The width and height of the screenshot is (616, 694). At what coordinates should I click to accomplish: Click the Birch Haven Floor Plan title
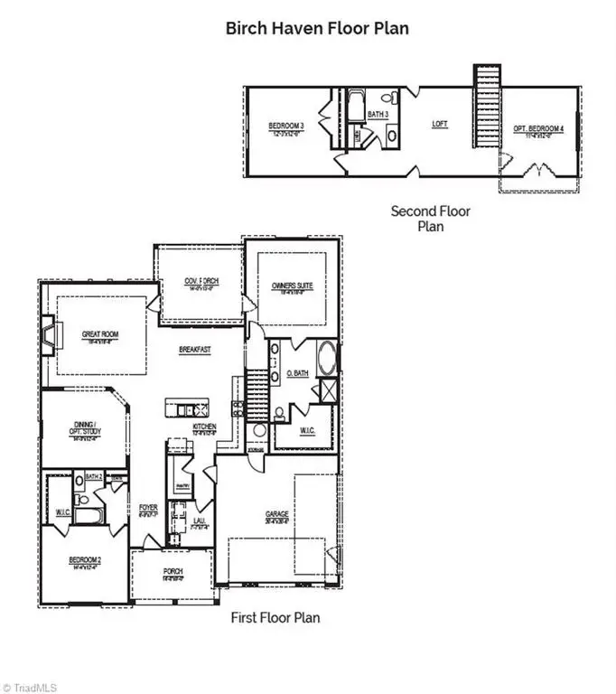coord(316,28)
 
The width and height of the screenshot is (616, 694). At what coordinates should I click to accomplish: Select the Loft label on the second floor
coord(440,124)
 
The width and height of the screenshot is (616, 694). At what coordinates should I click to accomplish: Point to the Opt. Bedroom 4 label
coord(539,129)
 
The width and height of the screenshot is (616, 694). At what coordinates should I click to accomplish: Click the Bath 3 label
coord(378,114)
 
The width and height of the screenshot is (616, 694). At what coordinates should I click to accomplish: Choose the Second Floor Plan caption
coord(430,219)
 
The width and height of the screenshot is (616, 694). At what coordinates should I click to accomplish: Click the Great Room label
coord(100,334)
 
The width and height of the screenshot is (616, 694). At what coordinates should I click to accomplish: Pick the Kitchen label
coord(205,427)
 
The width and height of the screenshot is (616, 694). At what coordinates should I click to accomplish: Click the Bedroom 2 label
coord(85,560)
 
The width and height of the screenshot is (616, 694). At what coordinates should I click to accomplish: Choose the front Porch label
coord(173,572)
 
